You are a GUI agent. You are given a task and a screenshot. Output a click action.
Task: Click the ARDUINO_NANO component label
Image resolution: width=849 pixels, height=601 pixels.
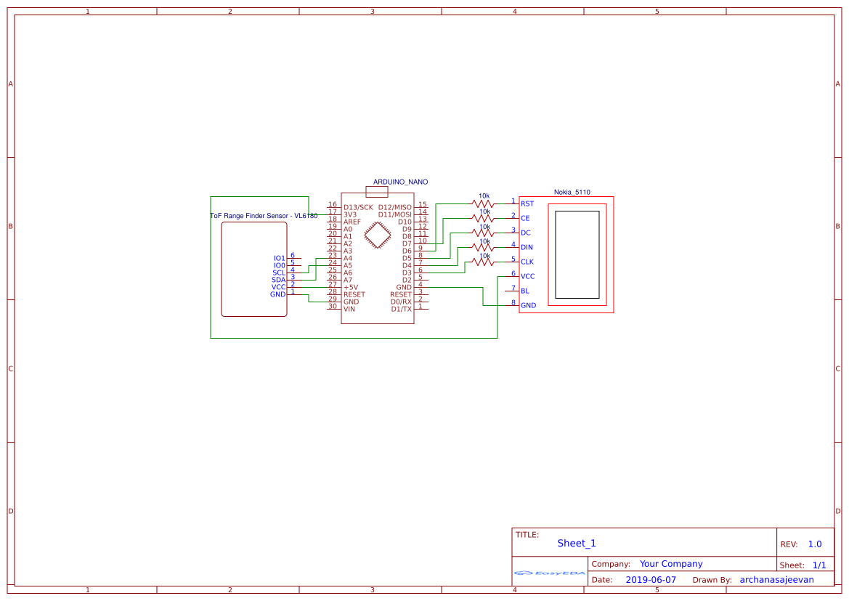pos(400,182)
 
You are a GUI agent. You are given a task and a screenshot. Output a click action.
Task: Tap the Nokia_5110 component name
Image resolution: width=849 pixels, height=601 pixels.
pos(572,193)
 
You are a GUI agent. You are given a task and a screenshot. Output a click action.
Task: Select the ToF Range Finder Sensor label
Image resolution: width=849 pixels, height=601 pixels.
pos(263,216)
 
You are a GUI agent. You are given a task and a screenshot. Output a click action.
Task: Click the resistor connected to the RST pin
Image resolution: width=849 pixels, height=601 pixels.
pos(483,203)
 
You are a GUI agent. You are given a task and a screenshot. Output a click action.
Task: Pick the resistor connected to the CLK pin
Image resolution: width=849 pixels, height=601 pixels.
pos(483,262)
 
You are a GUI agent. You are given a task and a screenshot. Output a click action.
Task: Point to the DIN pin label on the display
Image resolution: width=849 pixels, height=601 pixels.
pos(527,248)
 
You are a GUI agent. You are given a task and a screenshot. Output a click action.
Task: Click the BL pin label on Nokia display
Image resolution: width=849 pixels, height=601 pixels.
pos(524,291)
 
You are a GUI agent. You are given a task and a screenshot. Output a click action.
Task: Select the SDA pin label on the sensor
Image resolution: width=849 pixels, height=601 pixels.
pos(278,280)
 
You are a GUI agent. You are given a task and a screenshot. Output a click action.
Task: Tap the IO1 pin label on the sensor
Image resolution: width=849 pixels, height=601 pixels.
pos(279,258)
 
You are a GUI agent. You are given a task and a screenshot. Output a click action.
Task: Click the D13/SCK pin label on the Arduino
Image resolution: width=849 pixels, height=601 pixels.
pos(358,207)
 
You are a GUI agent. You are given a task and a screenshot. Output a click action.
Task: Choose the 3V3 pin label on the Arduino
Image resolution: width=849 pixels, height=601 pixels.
pos(350,214)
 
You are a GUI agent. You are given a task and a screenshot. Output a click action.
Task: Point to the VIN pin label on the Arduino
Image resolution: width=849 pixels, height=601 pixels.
pos(349,309)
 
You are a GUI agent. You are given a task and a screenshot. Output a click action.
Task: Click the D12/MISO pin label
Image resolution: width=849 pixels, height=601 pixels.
pos(394,207)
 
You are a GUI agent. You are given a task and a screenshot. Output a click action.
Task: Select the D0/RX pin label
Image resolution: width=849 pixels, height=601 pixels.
pos(401,302)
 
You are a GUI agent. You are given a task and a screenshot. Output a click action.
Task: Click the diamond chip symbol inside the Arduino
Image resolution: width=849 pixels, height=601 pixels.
pos(378,234)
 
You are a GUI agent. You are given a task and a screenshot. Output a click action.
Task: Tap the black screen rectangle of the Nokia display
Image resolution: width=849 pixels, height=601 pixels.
pos(577,254)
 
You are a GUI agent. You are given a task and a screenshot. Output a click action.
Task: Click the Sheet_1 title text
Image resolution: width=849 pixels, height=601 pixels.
pos(576,544)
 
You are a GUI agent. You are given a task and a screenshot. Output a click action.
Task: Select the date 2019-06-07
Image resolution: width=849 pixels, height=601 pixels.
pos(650,580)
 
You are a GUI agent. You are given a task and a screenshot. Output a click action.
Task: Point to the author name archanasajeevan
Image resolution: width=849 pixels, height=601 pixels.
pos(776,580)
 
